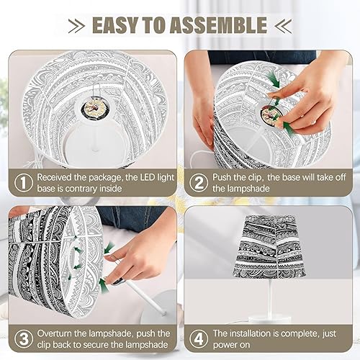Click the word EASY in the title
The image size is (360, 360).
point(118,25)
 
